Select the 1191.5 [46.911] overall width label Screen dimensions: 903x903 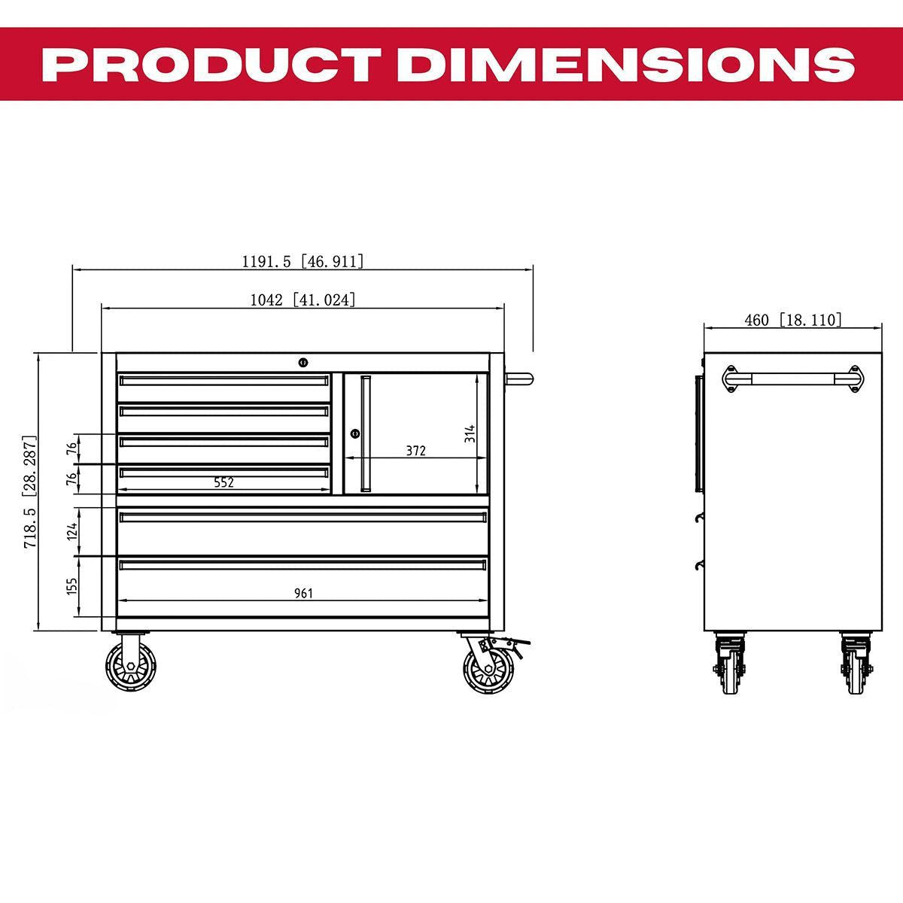pos(303,262)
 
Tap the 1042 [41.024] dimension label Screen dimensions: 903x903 pos(303,299)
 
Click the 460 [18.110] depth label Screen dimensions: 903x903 pos(792,320)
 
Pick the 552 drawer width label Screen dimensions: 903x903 pos(223,483)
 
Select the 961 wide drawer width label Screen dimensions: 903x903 pos(303,594)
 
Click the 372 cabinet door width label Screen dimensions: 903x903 pos(415,451)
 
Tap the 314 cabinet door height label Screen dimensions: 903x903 pos(470,433)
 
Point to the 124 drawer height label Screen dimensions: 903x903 pos(72,531)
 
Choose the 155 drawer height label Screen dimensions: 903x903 pos(72,586)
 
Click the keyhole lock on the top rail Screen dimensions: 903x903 pos(303,363)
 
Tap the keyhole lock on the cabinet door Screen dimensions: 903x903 pos(354,433)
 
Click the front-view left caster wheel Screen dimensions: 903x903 pos(130,666)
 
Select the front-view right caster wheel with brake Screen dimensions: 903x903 pos(488,666)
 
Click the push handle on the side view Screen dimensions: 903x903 pos(792,379)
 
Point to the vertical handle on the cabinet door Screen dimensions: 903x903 pos(366,433)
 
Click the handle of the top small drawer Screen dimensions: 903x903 pos(224,381)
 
